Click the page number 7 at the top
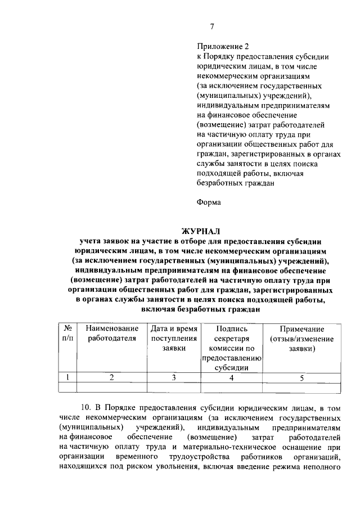[x=212, y=26]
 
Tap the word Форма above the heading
[x=209, y=201]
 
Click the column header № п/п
[x=67, y=333]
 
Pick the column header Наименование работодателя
[x=112, y=333]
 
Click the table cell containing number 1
[x=67, y=378]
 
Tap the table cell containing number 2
[x=112, y=378]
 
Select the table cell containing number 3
[x=174, y=378]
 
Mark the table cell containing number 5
[x=301, y=378]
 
